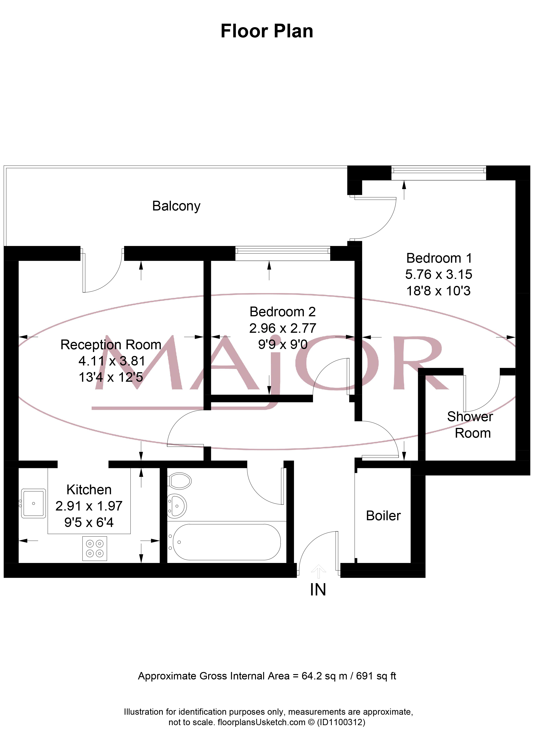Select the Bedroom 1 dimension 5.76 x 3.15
coord(438,275)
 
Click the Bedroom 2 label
coord(283,312)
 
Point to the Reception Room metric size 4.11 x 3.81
coord(112,361)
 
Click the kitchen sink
coord(33,504)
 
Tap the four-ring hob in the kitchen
coord(95,549)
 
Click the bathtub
coord(226,542)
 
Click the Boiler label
coord(383,516)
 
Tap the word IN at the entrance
coord(318,590)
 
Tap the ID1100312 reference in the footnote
coord(341,722)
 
